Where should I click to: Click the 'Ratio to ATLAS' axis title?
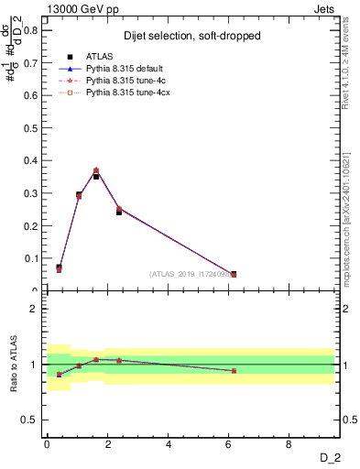point(13,365)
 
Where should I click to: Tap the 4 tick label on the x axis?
point(169,444)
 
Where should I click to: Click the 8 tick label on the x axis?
point(289,444)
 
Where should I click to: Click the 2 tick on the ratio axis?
point(35,309)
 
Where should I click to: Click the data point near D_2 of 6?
point(234,274)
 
